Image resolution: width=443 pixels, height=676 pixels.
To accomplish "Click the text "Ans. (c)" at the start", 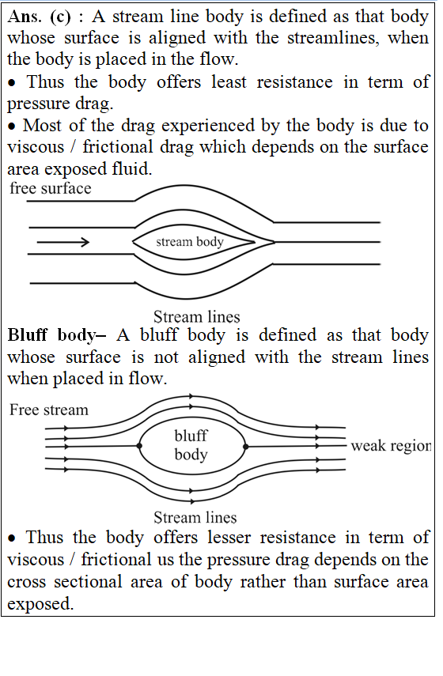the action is coord(39,17).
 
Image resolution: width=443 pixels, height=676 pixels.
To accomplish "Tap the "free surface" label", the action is coord(51,188).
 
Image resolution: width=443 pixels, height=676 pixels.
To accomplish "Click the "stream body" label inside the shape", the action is coord(190,241).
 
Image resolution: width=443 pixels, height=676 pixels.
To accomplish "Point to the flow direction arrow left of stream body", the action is coord(63,242).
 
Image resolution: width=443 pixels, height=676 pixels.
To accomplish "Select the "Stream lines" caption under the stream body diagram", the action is coord(197,317).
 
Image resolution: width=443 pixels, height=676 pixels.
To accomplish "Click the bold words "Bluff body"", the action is coord(51,335).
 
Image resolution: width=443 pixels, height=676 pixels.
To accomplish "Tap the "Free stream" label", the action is coord(49,410).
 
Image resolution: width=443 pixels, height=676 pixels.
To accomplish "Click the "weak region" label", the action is coord(391,446).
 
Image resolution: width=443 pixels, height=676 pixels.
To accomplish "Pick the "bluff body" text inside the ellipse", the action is coord(191,445).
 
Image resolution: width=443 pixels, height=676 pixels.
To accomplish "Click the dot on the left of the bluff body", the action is coord(139,446).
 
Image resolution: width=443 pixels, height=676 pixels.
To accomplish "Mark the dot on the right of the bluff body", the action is coord(245,447).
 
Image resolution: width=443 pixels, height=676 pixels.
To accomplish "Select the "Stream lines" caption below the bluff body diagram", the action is coord(195,517).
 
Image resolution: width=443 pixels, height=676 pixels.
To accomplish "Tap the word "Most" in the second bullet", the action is coord(42,126).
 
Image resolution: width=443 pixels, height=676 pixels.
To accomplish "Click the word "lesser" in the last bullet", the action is coord(229,538).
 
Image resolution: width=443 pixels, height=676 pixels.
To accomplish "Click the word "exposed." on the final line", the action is coord(40,604).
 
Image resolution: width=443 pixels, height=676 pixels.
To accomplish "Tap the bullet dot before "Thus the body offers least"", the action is coord(13,83).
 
